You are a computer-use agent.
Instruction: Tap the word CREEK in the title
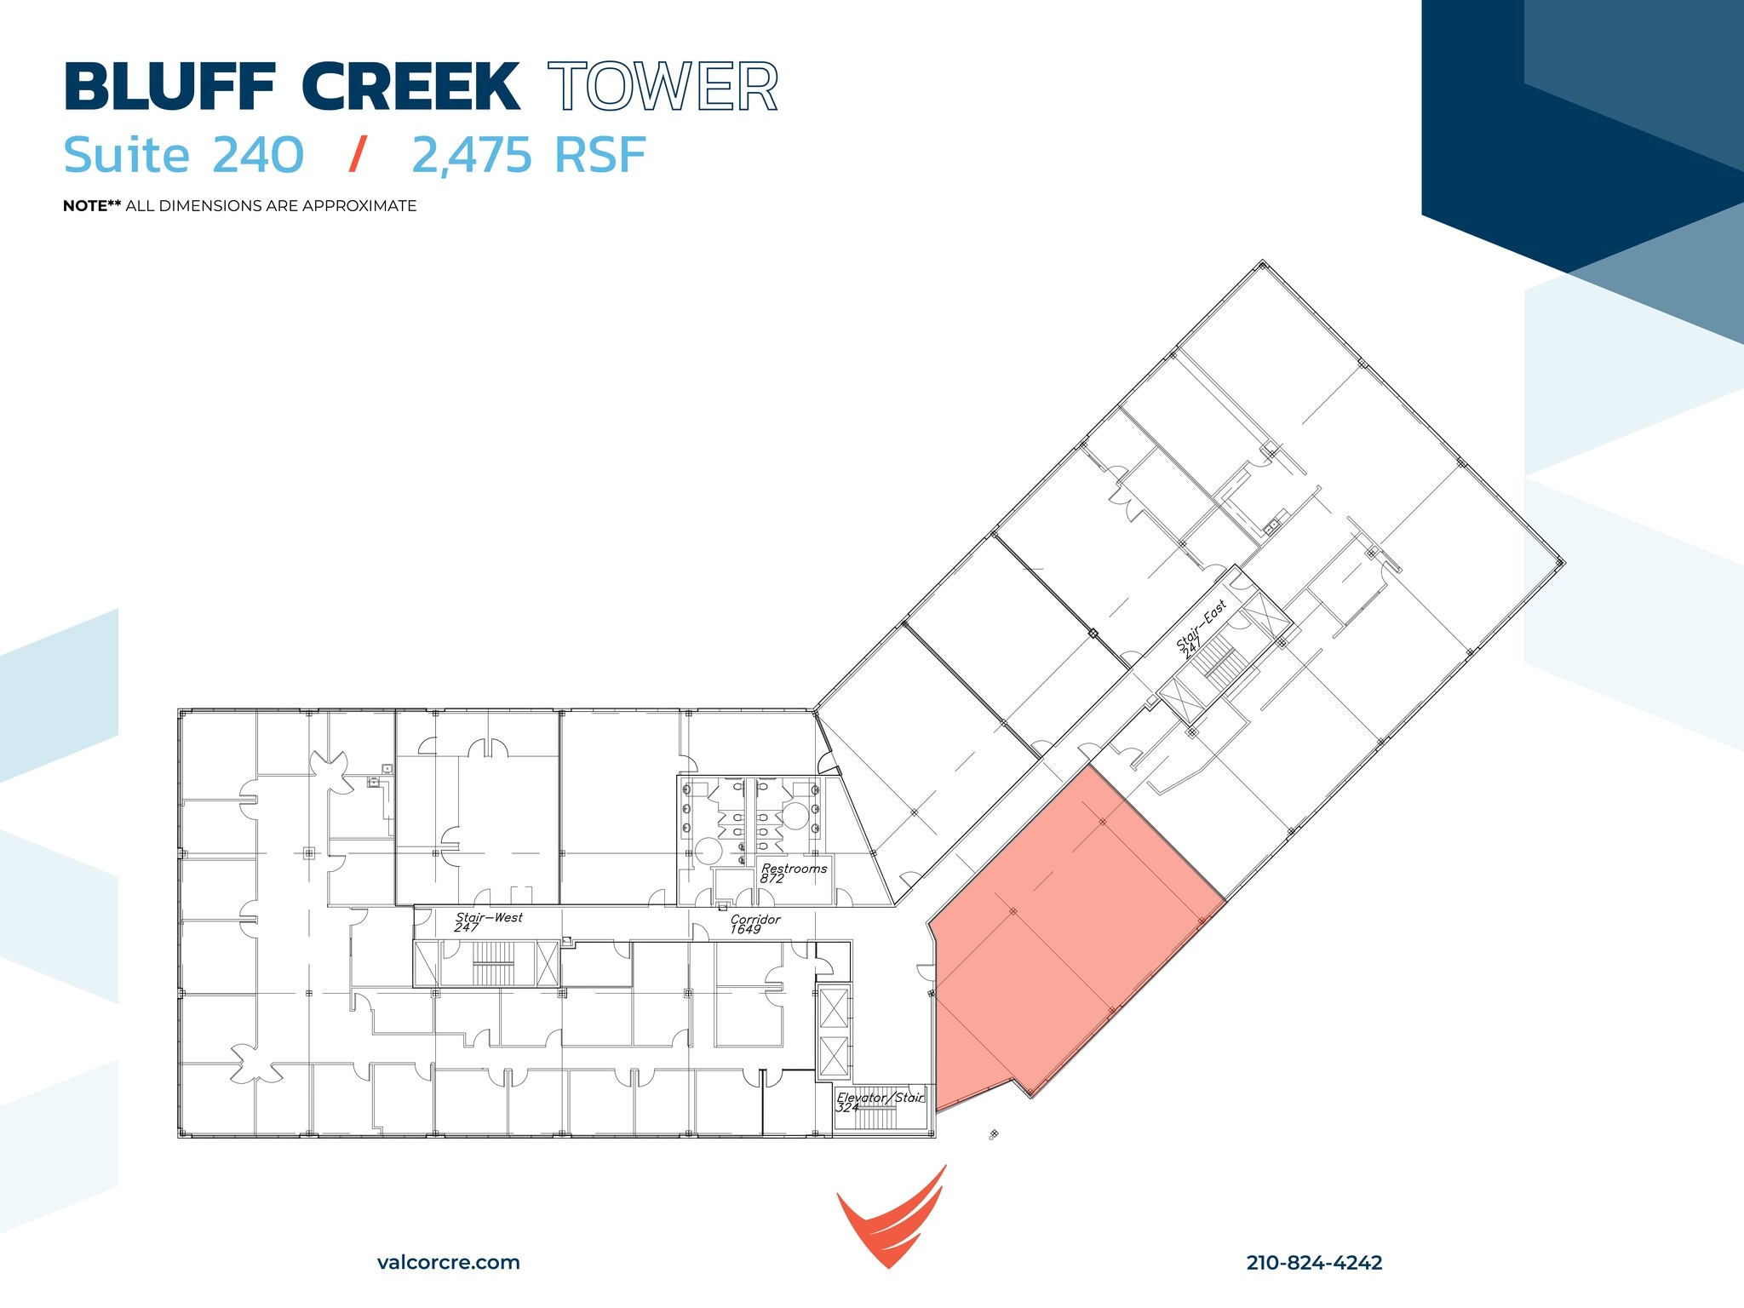click(x=410, y=87)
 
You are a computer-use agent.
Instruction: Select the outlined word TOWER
click(x=663, y=87)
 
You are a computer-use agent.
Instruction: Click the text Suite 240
click(x=184, y=155)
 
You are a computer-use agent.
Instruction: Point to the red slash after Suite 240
click(x=359, y=155)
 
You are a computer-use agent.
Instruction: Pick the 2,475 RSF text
click(x=529, y=155)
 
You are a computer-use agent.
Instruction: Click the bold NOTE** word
click(x=92, y=206)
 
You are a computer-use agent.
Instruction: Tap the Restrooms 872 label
click(x=793, y=873)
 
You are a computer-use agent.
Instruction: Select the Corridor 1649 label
click(x=754, y=924)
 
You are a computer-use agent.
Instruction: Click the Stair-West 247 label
click(x=488, y=921)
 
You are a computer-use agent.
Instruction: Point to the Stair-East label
click(x=1201, y=626)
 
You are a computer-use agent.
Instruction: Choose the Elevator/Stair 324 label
click(x=879, y=1101)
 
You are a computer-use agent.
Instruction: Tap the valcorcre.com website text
click(x=448, y=1262)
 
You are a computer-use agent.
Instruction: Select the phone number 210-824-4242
click(x=1314, y=1262)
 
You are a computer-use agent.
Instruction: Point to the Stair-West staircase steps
click(x=493, y=964)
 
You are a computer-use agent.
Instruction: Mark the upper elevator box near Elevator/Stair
click(x=833, y=1008)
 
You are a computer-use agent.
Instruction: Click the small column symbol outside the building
click(x=994, y=1134)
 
